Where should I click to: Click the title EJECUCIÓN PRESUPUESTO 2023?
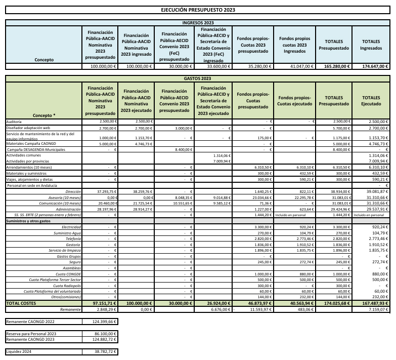(x=198, y=10)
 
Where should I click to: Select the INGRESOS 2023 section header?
(x=198, y=23)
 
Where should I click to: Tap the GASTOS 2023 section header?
(x=198, y=78)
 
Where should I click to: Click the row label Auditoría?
(x=14, y=122)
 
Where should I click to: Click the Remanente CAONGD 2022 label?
(x=30, y=322)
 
